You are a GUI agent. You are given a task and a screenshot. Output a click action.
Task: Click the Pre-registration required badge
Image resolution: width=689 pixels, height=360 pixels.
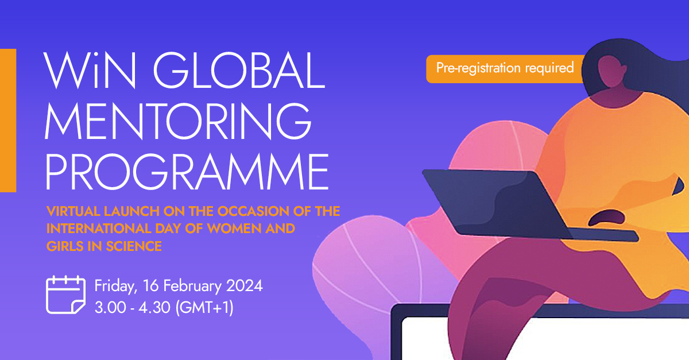click(x=505, y=68)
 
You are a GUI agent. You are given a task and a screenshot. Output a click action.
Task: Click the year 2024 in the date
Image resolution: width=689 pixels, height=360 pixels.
click(x=243, y=285)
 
